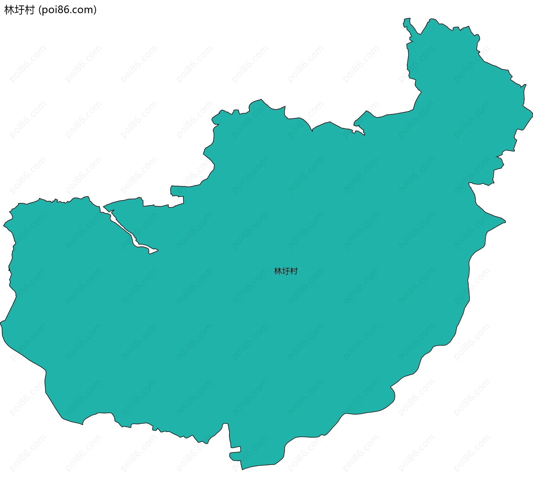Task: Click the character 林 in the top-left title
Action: [x=9, y=10]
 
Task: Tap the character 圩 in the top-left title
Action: [x=19, y=10]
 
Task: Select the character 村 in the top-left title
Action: [x=29, y=10]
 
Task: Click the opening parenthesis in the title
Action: [x=40, y=10]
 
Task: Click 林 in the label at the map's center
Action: [x=278, y=271]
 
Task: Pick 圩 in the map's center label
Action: [x=286, y=271]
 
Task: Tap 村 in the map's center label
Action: [x=294, y=271]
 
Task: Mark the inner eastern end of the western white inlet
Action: [x=155, y=251]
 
